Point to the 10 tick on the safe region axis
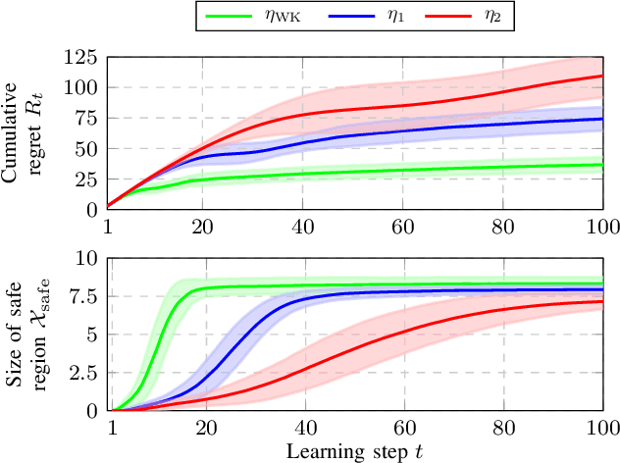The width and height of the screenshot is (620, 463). coord(88,258)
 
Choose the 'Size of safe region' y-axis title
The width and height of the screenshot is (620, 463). coord(32,334)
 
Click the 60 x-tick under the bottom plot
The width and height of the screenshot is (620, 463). coord(402,428)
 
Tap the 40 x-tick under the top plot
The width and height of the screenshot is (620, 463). coord(303,226)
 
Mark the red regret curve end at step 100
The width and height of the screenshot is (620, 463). coord(601,76)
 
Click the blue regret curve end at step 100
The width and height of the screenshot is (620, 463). coord(601,119)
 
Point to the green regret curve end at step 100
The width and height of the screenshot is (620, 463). coord(601,165)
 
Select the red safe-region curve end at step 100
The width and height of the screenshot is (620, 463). coord(601,301)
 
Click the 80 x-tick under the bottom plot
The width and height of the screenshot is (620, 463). coord(502,428)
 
